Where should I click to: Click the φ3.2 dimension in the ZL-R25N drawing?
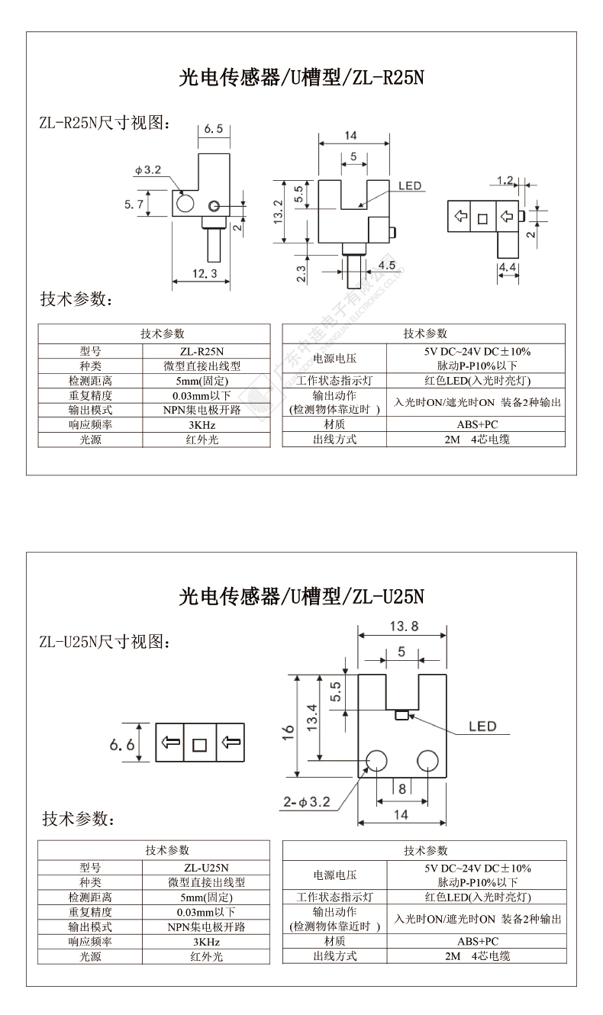(147, 170)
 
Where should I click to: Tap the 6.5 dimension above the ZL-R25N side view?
(214, 129)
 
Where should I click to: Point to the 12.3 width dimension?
(205, 274)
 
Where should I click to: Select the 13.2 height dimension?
(278, 211)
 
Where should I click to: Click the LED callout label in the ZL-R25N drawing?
(410, 185)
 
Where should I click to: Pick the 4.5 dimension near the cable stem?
(387, 265)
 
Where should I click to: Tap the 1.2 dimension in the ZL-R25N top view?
(505, 181)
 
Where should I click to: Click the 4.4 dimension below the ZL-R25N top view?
(508, 267)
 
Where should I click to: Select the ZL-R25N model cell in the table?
(202, 352)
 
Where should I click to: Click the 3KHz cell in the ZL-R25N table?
(202, 425)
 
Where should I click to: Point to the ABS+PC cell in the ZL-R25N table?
(478, 424)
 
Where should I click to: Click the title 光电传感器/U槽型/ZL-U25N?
(301, 596)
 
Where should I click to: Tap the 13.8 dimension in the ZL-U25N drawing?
(404, 627)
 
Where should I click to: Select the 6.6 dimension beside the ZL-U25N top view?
(122, 745)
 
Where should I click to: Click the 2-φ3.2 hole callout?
(307, 802)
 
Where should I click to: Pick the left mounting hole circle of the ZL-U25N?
(377, 760)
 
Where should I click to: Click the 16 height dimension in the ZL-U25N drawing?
(288, 733)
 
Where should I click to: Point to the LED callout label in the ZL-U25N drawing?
(482, 727)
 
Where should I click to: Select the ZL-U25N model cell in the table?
(206, 868)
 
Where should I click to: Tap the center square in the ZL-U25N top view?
(200, 745)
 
